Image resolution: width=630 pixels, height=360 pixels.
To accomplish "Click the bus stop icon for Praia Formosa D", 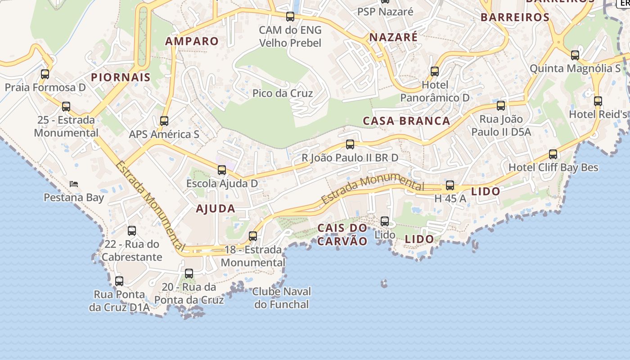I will pos(45,74).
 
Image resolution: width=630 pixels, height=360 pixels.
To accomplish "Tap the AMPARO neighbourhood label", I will pos(192,41).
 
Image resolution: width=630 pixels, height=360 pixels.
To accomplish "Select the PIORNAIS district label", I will pos(121,77).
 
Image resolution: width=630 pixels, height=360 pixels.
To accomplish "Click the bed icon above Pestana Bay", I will pos(74,184).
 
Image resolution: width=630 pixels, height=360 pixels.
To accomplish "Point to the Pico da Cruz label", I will pos(283,94).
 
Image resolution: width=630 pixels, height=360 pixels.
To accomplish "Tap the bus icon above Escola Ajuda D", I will pos(222,170).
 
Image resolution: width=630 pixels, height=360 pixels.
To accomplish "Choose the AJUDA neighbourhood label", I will pos(216,209).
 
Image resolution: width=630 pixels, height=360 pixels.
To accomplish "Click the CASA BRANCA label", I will pos(406,121).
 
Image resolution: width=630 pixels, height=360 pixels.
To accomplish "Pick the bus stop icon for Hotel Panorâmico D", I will pos(435,72).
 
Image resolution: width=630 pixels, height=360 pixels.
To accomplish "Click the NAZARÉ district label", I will pos(393,37).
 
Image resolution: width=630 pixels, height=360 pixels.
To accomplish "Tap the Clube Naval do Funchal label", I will pos(282,298).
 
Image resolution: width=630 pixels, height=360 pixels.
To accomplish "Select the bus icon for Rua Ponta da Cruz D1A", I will pos(119,281).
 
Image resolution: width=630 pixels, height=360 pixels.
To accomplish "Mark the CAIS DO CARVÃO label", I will pos(342,234).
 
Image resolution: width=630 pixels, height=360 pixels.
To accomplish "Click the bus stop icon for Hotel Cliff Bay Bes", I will pos(553,154).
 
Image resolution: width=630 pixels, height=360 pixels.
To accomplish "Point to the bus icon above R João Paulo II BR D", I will pos(350,144).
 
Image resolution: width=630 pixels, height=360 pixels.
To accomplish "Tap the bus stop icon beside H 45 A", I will pos(450,185).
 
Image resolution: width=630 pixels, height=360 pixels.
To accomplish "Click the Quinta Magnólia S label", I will pos(575,69).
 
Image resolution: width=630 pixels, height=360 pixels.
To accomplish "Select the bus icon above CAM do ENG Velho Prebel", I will pos(290,17).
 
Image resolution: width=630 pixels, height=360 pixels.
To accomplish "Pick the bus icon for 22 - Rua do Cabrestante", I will pos(132,231).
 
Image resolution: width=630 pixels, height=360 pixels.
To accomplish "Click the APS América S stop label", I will pos(164,134).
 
